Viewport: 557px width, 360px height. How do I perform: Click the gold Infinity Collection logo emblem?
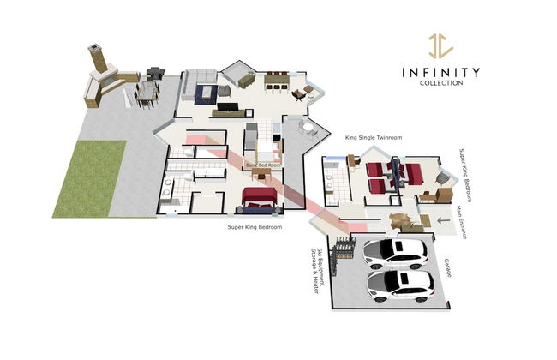pyautogui.click(x=440, y=45)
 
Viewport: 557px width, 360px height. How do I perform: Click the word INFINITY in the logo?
pyautogui.click(x=440, y=73)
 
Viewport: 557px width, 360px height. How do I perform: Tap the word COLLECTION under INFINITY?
pyautogui.click(x=441, y=83)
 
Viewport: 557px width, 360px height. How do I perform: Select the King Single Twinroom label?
pyautogui.click(x=374, y=137)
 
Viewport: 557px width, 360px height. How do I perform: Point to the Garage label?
pyautogui.click(x=447, y=267)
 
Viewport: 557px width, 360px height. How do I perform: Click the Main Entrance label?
pyautogui.click(x=461, y=223)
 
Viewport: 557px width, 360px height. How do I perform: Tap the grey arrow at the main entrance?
pyautogui.click(x=443, y=220)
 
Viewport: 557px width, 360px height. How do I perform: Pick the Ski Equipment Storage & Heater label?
pyautogui.click(x=317, y=271)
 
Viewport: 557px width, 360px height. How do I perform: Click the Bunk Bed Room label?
pyautogui.click(x=263, y=165)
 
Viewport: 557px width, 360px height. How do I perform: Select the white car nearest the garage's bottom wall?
pyautogui.click(x=400, y=285)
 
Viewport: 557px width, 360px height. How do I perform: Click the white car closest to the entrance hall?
pyautogui.click(x=395, y=253)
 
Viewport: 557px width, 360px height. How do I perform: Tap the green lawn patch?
pyautogui.click(x=89, y=179)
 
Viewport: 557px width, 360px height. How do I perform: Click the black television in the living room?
pyautogui.click(x=228, y=107)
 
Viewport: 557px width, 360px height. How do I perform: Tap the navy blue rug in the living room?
pyautogui.click(x=206, y=94)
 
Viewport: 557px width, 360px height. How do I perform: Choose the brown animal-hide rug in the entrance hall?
pyautogui.click(x=401, y=220)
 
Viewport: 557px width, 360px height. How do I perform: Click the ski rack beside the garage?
pyautogui.click(x=344, y=248)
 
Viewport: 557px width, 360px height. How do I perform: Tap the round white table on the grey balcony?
pyautogui.click(x=307, y=126)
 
